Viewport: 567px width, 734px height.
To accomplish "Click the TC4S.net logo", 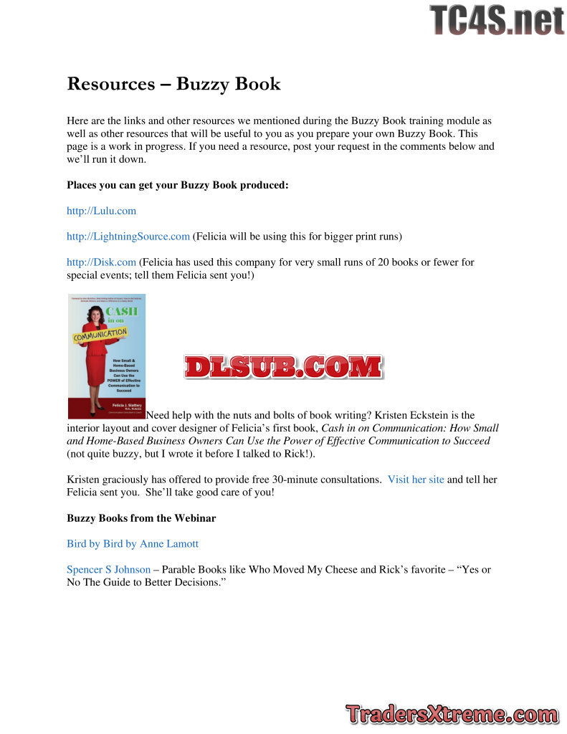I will coord(497,20).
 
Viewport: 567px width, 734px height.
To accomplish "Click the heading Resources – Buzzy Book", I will coord(173,84).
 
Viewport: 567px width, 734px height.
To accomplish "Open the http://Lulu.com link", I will coord(101,211).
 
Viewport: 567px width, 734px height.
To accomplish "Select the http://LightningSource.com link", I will coord(128,236).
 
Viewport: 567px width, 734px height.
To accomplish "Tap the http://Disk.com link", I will coord(101,262).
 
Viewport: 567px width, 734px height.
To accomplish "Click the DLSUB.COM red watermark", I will coord(283,366).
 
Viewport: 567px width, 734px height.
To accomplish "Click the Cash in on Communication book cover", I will coord(106,356).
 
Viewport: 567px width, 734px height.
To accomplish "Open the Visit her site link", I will coord(416,480).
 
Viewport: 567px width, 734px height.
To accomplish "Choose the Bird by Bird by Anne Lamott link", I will coord(133,543).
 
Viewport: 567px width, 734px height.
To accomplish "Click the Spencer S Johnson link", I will coord(109,569).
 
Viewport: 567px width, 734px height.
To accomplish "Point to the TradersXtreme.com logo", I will coord(452,714).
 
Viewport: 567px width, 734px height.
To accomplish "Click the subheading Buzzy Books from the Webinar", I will coord(141,518).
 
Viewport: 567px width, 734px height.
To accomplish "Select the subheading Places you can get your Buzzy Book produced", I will coord(178,185).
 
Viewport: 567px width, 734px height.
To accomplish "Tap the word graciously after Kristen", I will coord(133,480).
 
